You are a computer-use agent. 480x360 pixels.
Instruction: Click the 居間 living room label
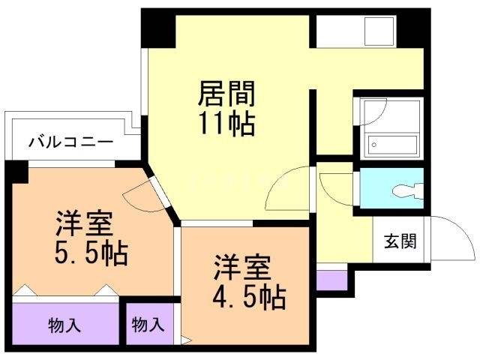(226, 93)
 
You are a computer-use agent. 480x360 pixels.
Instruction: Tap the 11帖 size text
(226, 124)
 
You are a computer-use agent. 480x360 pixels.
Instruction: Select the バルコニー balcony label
(70, 142)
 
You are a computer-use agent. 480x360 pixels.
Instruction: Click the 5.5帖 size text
(91, 253)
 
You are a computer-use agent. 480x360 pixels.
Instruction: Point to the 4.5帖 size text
(250, 297)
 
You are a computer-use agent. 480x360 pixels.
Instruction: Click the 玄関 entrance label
(400, 241)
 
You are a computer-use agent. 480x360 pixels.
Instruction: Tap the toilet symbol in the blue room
(408, 191)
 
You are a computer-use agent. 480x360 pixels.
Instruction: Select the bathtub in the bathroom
(391, 145)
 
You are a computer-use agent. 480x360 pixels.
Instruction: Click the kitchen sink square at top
(379, 31)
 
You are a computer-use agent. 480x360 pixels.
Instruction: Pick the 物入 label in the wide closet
(64, 325)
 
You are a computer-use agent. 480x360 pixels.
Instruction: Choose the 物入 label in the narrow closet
(148, 325)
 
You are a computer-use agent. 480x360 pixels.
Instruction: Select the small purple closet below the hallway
(331, 280)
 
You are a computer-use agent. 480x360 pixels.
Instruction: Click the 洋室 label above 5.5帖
(84, 223)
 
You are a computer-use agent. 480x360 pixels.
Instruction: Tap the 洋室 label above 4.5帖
(242, 268)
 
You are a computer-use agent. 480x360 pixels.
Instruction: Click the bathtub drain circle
(373, 145)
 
